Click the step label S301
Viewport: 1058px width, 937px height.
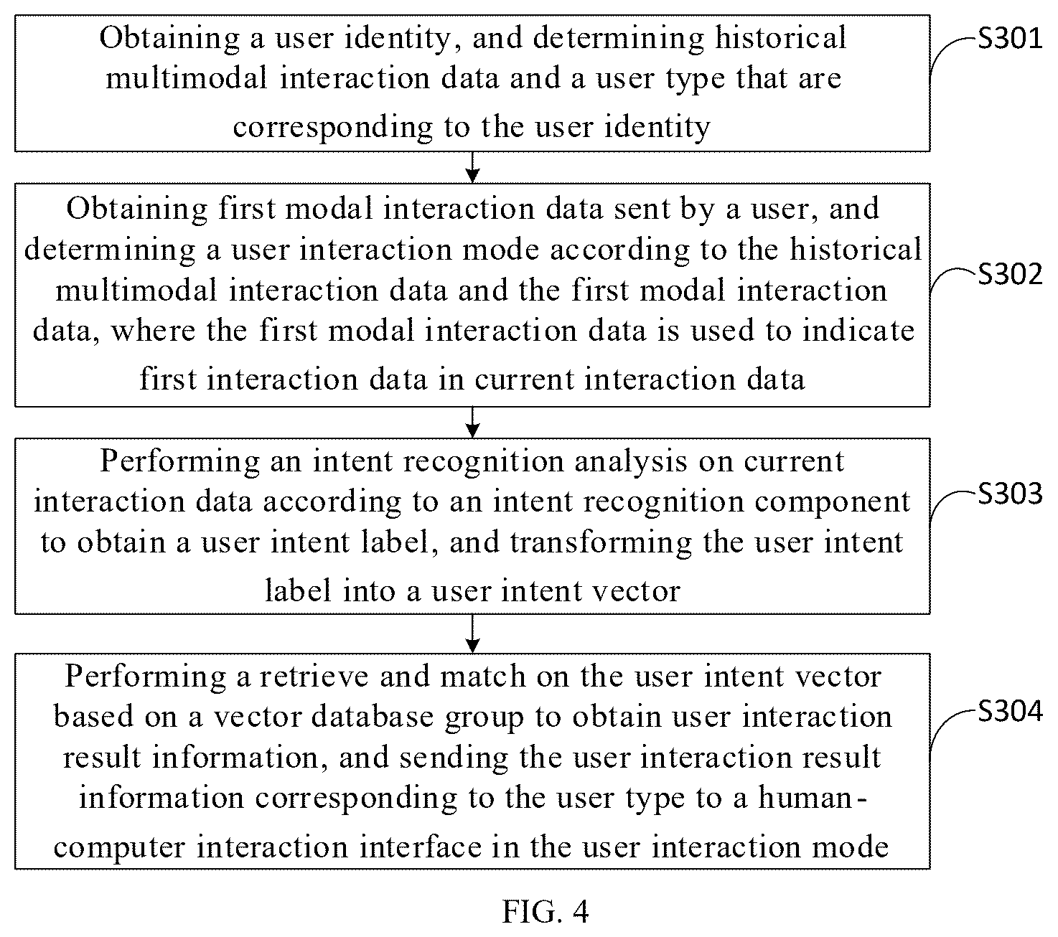1010,39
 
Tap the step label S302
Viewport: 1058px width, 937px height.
1010,274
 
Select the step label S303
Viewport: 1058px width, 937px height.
1010,494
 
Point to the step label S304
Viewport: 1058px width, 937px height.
1010,711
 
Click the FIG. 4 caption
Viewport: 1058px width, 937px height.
546,911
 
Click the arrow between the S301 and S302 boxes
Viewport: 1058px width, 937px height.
472,167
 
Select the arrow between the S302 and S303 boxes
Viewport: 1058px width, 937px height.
472,422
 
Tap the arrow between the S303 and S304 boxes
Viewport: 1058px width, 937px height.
472,634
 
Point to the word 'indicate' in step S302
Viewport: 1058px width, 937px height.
858,331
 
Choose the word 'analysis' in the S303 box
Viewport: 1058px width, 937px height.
631,461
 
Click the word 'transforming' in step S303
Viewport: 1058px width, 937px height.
601,543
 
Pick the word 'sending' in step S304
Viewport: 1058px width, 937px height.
454,758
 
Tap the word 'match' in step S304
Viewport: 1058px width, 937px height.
482,677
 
